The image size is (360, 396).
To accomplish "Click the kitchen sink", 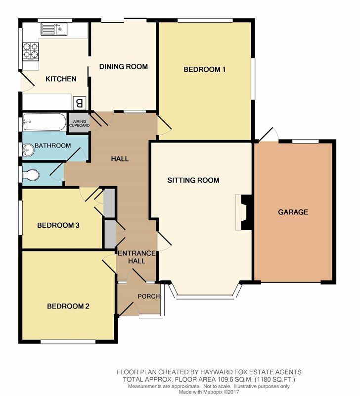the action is [54, 29].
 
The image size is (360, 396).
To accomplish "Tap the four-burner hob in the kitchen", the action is [31, 51].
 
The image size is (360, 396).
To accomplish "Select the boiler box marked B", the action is [80, 103].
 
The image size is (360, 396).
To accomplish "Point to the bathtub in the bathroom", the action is [45, 122].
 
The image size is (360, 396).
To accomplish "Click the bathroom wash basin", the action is [28, 150].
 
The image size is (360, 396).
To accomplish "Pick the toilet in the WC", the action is [31, 175].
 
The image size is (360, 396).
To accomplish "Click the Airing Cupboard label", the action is [79, 123].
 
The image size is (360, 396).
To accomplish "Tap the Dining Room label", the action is [123, 67].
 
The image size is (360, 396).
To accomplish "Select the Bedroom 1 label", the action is [204, 69].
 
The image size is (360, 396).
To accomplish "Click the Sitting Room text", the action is [193, 180].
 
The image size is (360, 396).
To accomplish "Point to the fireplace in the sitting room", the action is [244, 212].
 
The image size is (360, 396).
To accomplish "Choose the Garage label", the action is [293, 212].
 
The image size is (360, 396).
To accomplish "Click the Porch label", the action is [148, 296].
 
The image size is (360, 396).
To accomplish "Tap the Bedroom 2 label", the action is [68, 306].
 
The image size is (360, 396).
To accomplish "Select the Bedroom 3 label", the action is [58, 225].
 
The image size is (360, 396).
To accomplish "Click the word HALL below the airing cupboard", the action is [120, 159].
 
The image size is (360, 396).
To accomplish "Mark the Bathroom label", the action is [53, 146].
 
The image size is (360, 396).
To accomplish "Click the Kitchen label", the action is [61, 79].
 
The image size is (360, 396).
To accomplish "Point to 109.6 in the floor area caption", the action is [225, 379].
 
